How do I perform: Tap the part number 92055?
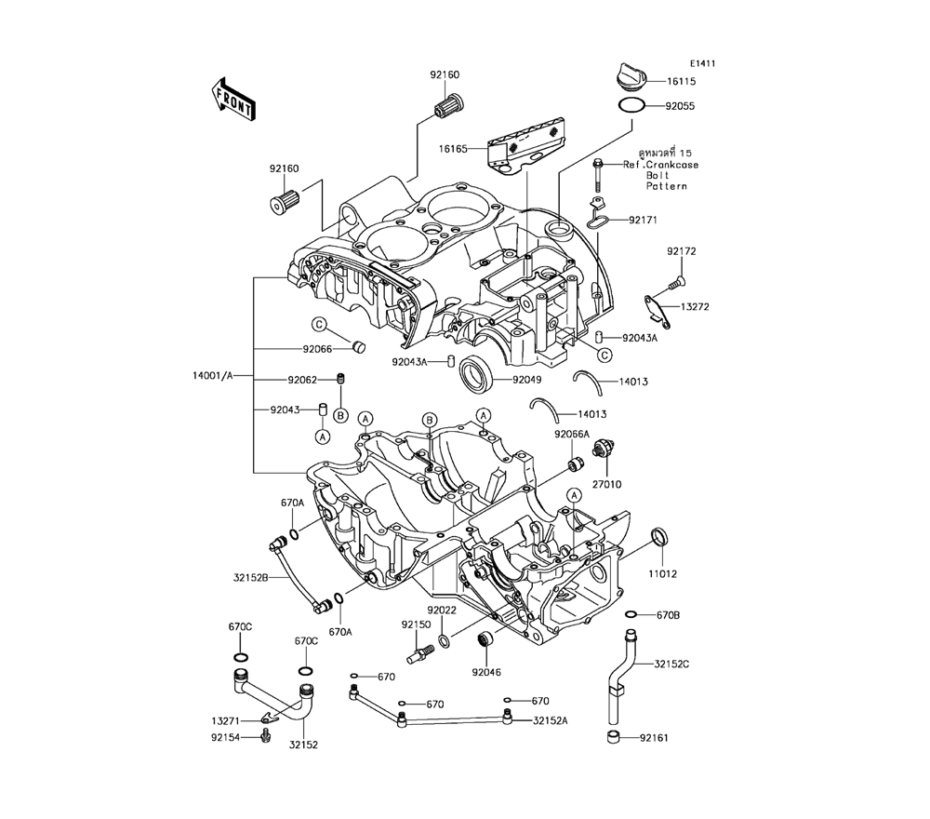(680, 106)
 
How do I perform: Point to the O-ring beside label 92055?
(631, 105)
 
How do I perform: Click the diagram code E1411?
(702, 63)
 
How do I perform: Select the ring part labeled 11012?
(659, 537)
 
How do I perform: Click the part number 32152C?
(671, 664)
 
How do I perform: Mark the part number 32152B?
(251, 578)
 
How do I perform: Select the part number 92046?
(486, 670)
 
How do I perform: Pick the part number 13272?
(696, 306)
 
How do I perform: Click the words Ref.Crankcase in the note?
(661, 165)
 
